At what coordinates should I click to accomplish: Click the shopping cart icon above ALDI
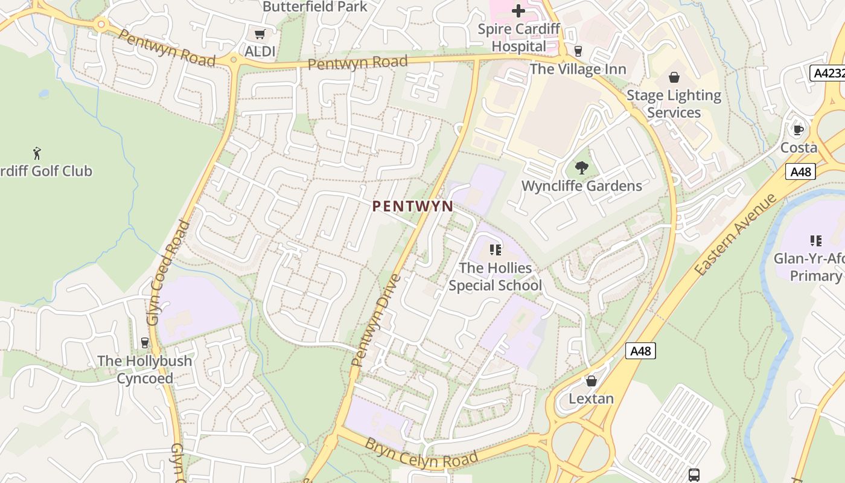tap(260, 34)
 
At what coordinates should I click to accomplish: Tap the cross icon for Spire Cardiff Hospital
tap(518, 11)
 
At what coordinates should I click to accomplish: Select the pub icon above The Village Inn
tap(578, 51)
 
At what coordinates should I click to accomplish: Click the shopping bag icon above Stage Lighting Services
tap(674, 77)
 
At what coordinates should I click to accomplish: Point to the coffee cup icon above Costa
tap(799, 129)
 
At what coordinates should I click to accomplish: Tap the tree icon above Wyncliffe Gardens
tap(582, 167)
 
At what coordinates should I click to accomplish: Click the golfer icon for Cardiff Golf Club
tap(37, 153)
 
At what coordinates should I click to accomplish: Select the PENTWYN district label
tap(413, 206)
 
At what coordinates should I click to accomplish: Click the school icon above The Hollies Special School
tap(496, 249)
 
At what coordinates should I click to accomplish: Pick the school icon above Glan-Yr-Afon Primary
tap(816, 241)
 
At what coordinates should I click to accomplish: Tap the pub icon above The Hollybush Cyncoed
tap(144, 343)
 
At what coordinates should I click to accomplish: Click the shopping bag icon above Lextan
tap(591, 381)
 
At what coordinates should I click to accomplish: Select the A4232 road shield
tap(827, 73)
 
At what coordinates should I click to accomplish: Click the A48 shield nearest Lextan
tap(640, 351)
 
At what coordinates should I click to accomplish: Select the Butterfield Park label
tap(315, 7)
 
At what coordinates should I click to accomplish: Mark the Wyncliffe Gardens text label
tap(582, 185)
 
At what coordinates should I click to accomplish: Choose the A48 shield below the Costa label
tap(801, 171)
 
